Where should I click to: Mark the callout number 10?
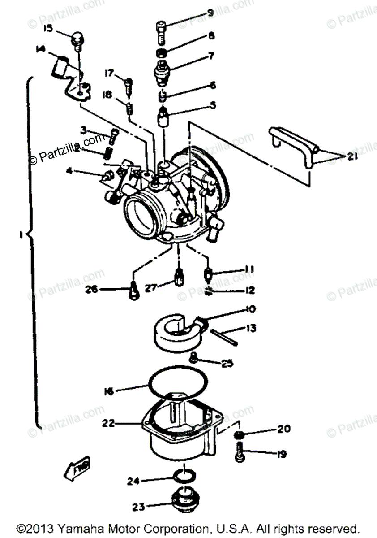(249, 309)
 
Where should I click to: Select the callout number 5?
(212, 106)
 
